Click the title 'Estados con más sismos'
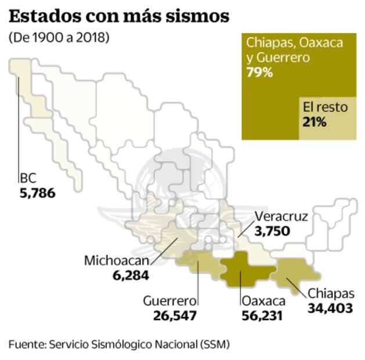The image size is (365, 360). [x=118, y=16]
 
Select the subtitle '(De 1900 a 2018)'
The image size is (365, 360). [x=59, y=38]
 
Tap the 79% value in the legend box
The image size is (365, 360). [x=259, y=73]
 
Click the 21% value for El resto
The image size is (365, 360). [x=315, y=122]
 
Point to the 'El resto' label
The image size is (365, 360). [x=324, y=107]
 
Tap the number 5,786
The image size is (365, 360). [x=37, y=192]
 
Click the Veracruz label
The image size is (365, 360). [x=281, y=217]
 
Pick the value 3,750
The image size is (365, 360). [x=272, y=231]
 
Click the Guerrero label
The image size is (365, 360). [x=170, y=301]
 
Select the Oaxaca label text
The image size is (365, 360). [x=263, y=301]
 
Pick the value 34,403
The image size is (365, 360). [x=330, y=308]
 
